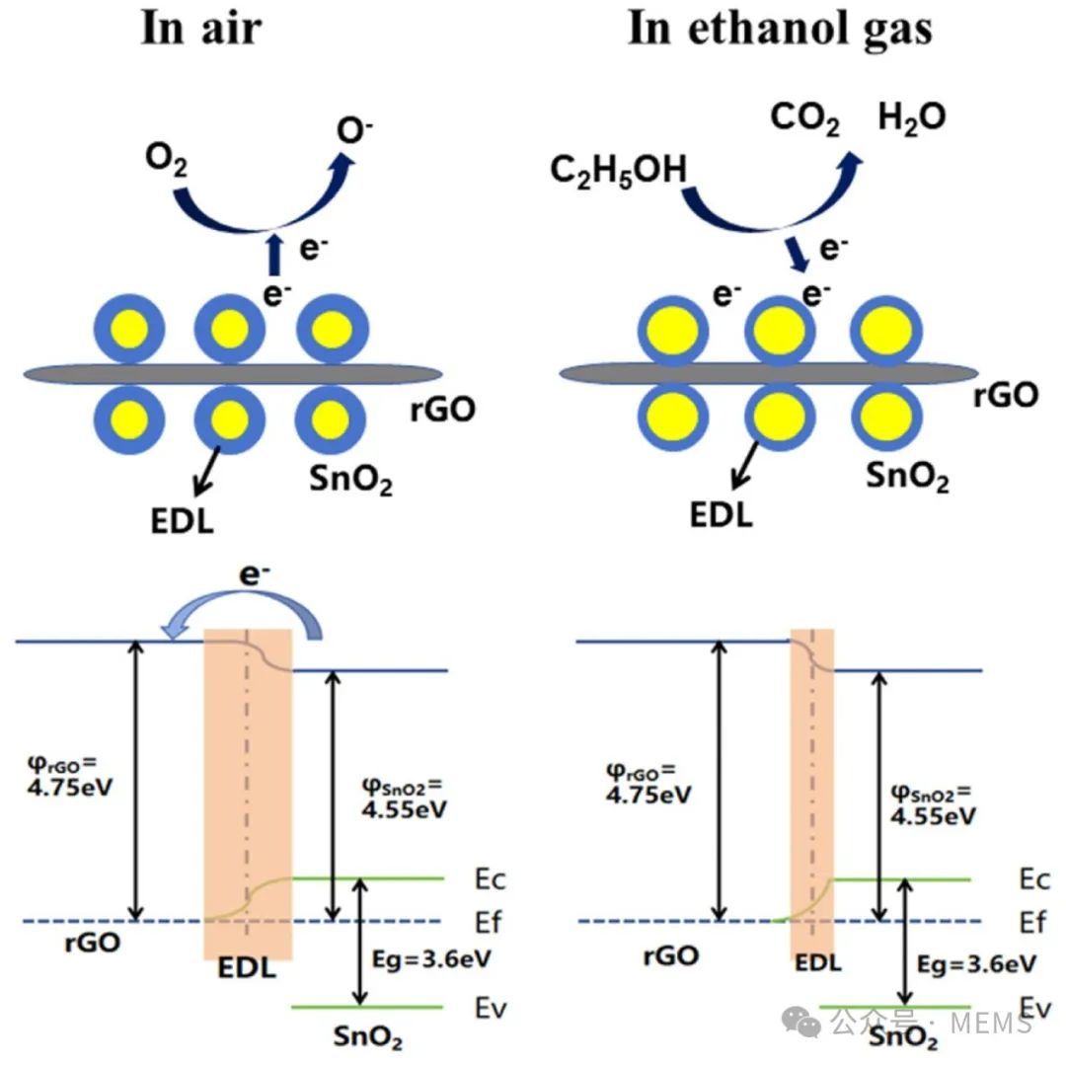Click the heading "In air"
point(201,28)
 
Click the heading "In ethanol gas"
point(780,28)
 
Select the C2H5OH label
point(618,170)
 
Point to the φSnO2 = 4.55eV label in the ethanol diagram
point(934,803)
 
